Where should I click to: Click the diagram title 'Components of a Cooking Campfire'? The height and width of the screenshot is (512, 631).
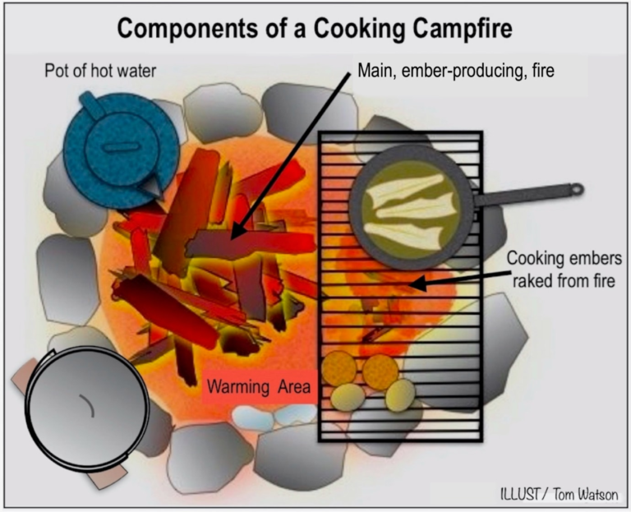315,28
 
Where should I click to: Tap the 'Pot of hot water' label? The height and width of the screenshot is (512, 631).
100,71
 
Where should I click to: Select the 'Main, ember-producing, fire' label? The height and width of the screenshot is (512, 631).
456,71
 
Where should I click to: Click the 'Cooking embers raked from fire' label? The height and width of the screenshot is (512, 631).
564,270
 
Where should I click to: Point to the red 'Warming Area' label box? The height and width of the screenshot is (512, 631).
259,386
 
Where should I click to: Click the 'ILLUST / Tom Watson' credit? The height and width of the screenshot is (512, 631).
560,494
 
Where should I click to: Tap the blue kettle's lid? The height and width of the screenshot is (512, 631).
121,149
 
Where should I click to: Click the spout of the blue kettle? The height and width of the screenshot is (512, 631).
153,187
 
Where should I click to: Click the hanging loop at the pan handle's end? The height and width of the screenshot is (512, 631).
577,189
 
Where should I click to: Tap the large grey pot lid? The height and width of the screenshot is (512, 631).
87,408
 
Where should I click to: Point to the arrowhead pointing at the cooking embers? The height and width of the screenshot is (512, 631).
417,284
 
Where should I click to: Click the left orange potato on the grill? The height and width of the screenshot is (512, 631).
339,368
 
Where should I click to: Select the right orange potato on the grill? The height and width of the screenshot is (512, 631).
380,372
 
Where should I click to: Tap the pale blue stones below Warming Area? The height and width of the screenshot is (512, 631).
274,417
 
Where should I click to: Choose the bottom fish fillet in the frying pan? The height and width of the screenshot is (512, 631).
403,236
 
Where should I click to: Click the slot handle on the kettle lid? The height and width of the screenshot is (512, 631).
121,147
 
